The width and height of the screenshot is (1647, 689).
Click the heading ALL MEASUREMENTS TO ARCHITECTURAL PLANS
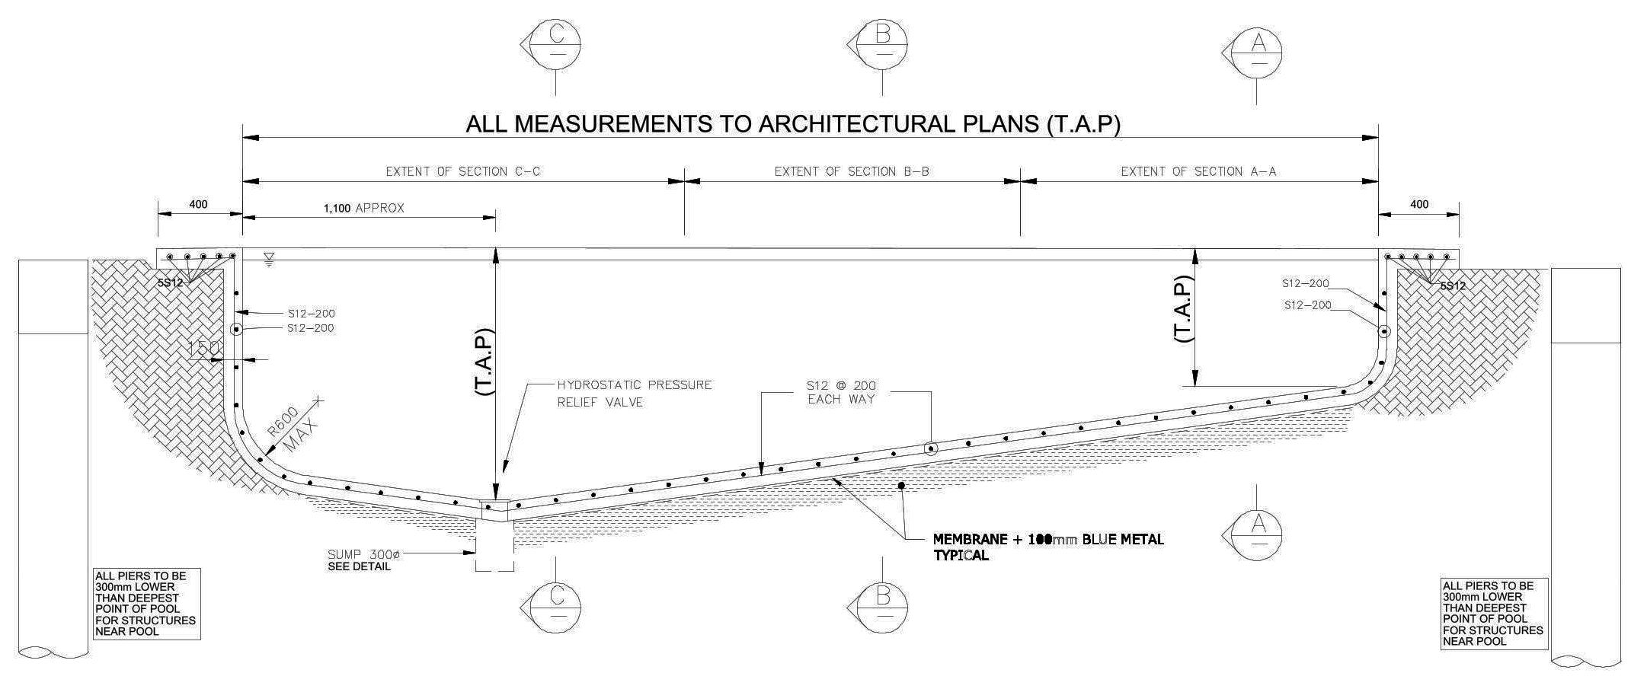pyautogui.click(x=793, y=124)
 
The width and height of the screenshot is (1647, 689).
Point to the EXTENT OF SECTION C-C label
pyautogui.click(x=462, y=172)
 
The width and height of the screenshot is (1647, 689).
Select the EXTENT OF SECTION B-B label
pyautogui.click(x=852, y=172)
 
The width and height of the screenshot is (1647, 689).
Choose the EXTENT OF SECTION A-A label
pyautogui.click(x=1198, y=172)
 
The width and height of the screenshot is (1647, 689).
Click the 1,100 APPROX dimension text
pyautogui.click(x=363, y=208)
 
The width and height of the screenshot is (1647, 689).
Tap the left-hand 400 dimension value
pyautogui.click(x=198, y=205)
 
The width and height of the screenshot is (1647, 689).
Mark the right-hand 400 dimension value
pyautogui.click(x=1419, y=205)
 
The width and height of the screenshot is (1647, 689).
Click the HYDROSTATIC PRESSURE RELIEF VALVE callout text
pyautogui.click(x=634, y=393)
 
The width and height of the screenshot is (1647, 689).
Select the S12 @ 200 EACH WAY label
pyautogui.click(x=841, y=392)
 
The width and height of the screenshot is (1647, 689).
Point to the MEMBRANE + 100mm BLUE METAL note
pyautogui.click(x=1048, y=547)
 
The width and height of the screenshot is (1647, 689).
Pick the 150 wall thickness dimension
pyautogui.click(x=203, y=348)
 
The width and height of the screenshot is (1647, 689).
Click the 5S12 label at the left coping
pyautogui.click(x=171, y=283)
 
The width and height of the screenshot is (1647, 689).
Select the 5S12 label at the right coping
pyautogui.click(x=1452, y=286)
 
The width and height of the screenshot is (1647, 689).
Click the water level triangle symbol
pyautogui.click(x=269, y=260)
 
